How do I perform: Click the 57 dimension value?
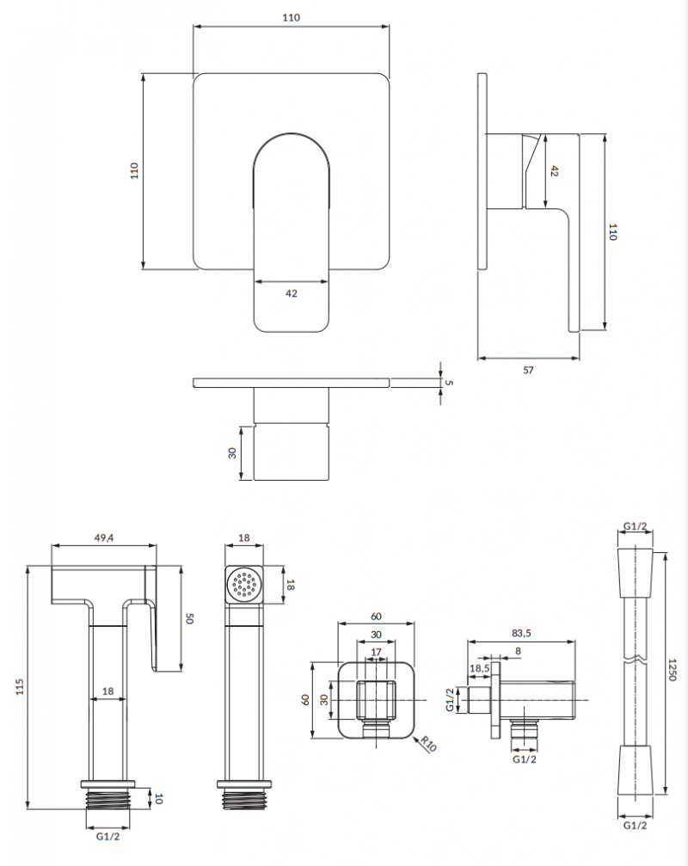pos(528,370)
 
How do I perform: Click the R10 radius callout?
pos(429,743)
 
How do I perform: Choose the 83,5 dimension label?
pos(521,633)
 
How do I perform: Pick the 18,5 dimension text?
pos(479,667)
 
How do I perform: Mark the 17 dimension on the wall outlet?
pos(377,652)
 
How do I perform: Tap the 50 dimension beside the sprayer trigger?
pos(191,618)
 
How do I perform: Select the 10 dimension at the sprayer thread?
pos(158,799)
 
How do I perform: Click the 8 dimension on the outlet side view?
pos(518,651)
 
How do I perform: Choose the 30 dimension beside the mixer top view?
pos(232,453)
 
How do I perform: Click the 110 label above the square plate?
pos(292,18)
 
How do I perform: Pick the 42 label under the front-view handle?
pos(291,293)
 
